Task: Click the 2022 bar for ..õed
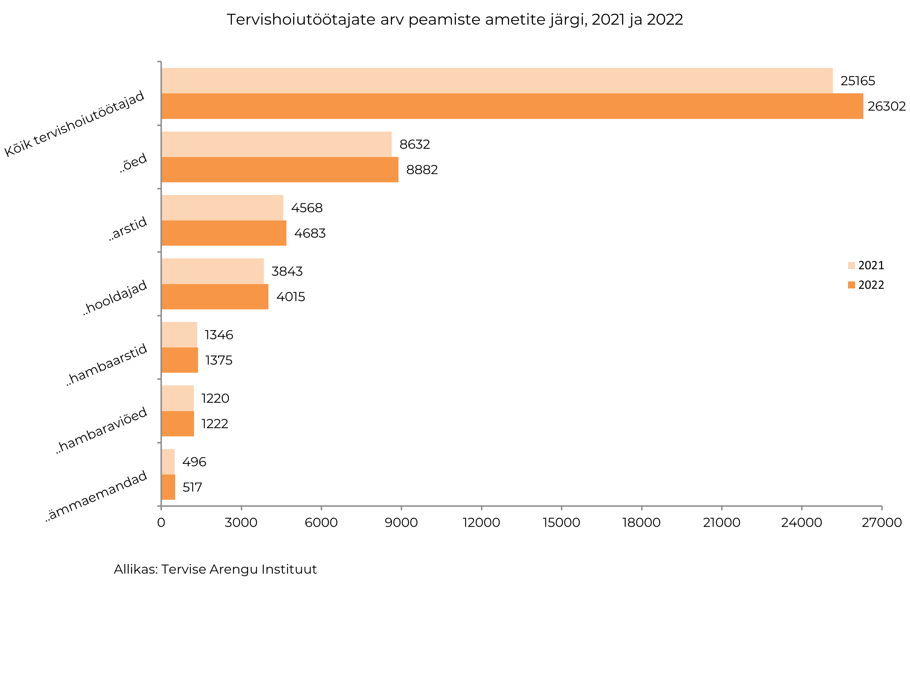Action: click(280, 170)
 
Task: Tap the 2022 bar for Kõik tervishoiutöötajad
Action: click(512, 106)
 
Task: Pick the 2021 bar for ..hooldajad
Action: click(213, 271)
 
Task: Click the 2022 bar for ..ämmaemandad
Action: click(168, 487)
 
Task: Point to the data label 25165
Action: click(857, 81)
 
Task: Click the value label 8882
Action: click(422, 170)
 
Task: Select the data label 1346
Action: click(219, 335)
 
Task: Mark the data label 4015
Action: click(291, 297)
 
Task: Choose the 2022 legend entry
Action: click(866, 285)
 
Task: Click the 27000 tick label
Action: click(881, 523)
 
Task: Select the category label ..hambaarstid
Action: click(107, 364)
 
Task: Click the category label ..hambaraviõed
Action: click(101, 430)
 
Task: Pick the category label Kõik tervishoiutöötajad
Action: click(75, 124)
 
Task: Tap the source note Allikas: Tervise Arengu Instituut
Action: click(215, 569)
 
